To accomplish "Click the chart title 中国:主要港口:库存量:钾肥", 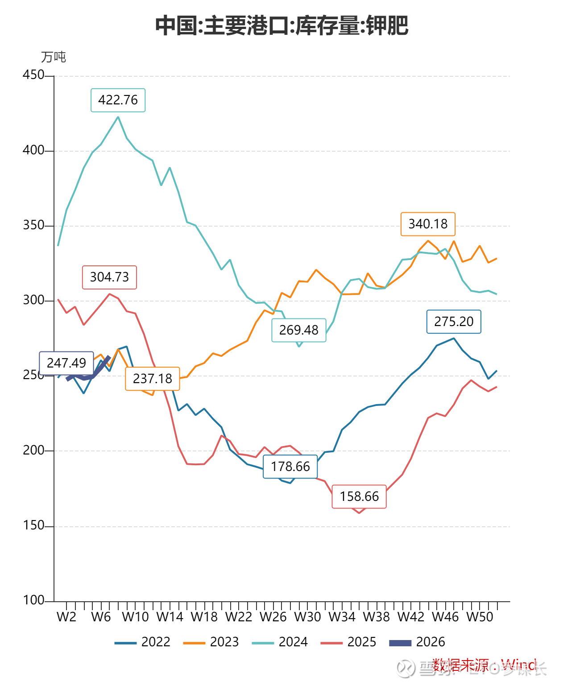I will [281, 25].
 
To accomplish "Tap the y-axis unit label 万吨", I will [54, 57].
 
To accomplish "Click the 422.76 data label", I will [118, 100].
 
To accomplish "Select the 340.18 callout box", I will [428, 224].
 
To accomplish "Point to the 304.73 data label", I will [109, 277].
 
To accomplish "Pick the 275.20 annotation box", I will [454, 322].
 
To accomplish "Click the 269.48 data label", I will [299, 330].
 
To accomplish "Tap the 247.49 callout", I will [66, 363].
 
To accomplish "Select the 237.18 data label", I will [153, 379].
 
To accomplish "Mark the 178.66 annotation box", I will [290, 467].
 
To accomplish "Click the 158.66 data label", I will [359, 496].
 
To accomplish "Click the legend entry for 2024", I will [280, 642].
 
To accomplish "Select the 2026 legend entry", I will [418, 642].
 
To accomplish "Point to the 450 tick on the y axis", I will [33, 75].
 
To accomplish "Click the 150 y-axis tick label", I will [33, 525].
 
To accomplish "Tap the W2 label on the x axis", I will [66, 617].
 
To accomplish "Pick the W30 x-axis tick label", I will [307, 617].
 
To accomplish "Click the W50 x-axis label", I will [480, 617].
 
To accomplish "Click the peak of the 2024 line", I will [118, 117].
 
